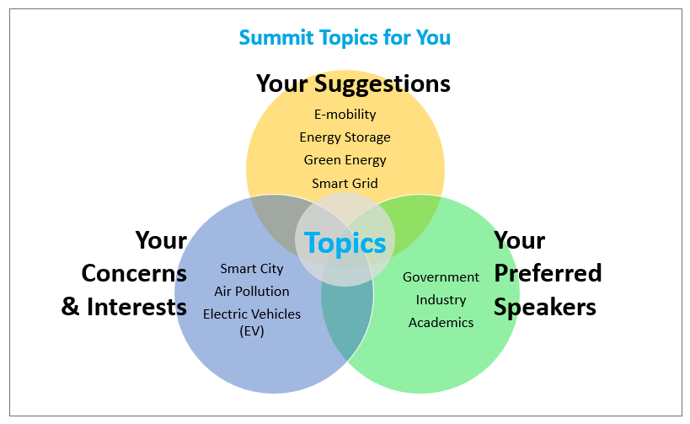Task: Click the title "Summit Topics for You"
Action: point(345,38)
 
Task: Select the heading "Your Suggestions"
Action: point(353,83)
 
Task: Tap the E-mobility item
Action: point(345,115)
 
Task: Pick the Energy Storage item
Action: point(345,137)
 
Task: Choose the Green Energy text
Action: point(345,160)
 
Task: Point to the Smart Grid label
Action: point(345,183)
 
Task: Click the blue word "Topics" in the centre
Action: point(345,243)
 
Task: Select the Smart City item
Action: point(252,269)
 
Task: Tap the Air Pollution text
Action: point(252,292)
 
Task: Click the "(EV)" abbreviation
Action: point(252,330)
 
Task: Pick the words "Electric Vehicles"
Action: point(252,314)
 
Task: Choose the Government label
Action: point(441,277)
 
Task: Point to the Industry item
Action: point(441,300)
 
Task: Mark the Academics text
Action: point(441,323)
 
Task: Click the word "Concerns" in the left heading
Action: point(134,273)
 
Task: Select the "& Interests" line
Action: point(124,307)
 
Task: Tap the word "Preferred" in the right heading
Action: point(548,273)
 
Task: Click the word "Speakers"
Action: point(545,307)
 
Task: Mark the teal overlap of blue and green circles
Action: point(348,319)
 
